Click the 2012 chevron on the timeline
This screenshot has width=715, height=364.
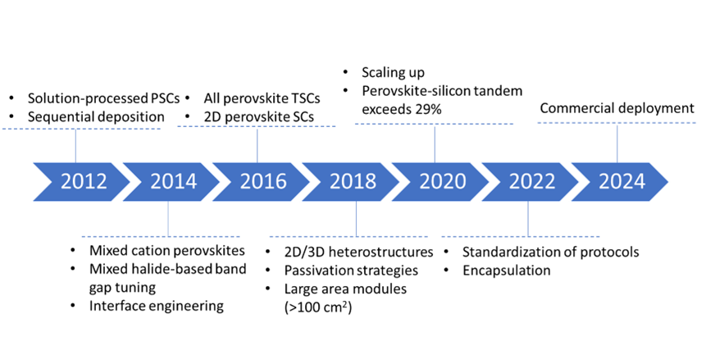83,181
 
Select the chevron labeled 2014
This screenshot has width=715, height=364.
173,181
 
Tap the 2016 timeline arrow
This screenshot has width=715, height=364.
262,181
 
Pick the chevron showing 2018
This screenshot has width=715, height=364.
353,181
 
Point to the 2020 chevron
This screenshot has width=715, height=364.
442,181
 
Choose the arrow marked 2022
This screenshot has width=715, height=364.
531,181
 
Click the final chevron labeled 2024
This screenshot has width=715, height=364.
621,181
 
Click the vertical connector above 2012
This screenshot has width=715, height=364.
75,145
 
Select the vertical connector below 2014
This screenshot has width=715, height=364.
168,220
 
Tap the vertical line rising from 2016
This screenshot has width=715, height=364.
257,144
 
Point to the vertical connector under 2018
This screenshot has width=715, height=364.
356,220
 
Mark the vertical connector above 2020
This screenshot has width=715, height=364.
435,143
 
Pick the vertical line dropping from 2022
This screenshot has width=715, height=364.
528,220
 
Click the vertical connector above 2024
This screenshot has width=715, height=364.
617,142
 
